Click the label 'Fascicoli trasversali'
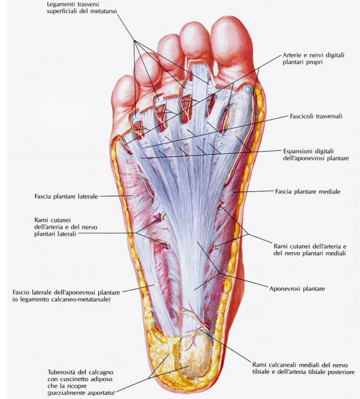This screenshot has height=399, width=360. pyautogui.click(x=316, y=116)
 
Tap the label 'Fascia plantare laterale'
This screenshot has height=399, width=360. pyautogui.click(x=66, y=197)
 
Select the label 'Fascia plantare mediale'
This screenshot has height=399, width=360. pyautogui.click(x=308, y=191)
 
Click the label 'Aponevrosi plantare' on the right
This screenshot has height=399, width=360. pyautogui.click(x=297, y=289)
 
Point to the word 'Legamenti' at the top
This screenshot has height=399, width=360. pyautogui.click(x=60, y=5)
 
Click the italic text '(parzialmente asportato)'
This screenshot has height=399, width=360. pyautogui.click(x=81, y=392)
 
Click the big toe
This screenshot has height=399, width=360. pyautogui.click(x=231, y=45)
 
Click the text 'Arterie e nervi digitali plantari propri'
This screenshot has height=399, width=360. pyautogui.click(x=313, y=59)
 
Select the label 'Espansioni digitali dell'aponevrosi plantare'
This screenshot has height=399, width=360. pyautogui.click(x=316, y=154)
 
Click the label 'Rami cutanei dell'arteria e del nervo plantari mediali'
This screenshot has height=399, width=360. pyautogui.click(x=310, y=250)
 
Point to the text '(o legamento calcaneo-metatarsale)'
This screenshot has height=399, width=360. pyautogui.click(x=61, y=299)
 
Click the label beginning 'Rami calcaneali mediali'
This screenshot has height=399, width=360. pyautogui.click(x=303, y=368)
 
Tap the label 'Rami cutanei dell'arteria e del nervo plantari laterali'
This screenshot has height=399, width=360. pyautogui.click(x=66, y=227)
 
